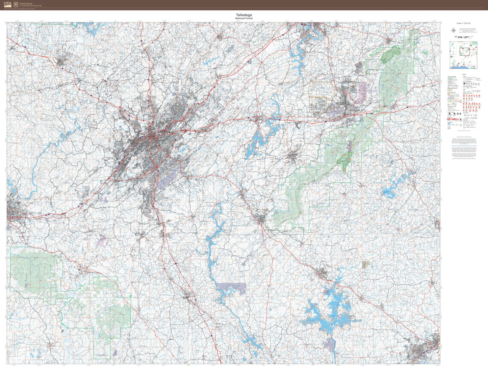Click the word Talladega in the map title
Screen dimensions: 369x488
coord(244,15)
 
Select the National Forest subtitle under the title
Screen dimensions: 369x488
coord(244,18)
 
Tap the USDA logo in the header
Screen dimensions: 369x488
coord(7,4)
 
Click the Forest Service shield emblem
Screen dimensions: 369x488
coord(16,4)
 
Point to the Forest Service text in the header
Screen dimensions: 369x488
coord(26,3)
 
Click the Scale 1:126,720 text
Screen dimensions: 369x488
coord(463,23)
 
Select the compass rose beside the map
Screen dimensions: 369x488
coord(453,31)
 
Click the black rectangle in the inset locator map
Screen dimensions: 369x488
coord(464,52)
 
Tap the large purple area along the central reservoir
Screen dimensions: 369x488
coord(232,288)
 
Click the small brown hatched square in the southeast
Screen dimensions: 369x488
coord(366,264)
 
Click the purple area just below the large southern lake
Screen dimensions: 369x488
coord(329,344)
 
